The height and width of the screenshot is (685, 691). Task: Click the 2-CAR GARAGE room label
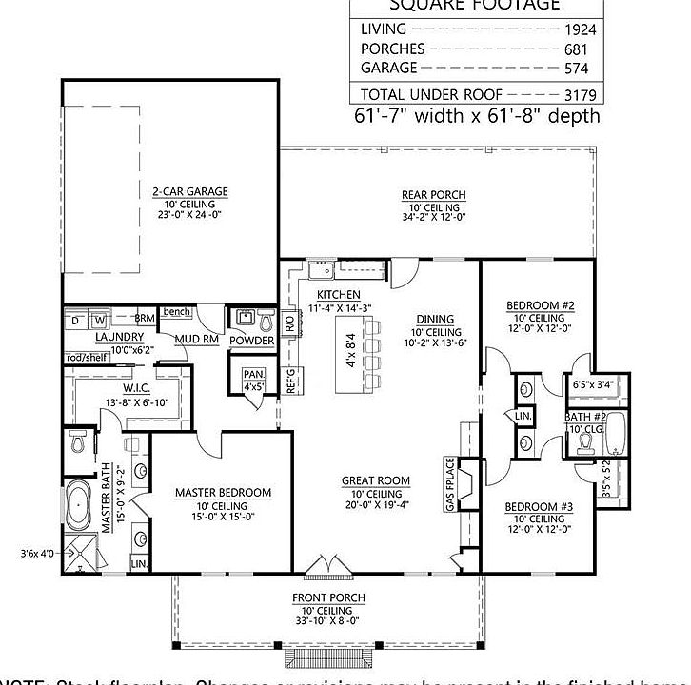tap(190, 191)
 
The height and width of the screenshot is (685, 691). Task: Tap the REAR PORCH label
tap(434, 195)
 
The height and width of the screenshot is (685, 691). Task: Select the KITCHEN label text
tap(338, 294)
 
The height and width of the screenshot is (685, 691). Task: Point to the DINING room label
tap(435, 319)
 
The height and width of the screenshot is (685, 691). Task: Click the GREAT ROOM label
tap(375, 481)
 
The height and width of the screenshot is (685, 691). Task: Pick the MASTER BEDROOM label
tap(223, 493)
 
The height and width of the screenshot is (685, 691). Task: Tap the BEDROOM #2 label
tap(540, 305)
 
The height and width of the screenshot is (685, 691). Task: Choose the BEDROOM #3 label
tap(539, 505)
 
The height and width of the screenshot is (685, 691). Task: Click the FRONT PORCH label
tap(328, 597)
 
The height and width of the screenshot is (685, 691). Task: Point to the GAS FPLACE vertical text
tap(450, 484)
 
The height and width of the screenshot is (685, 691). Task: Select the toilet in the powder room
tap(266, 320)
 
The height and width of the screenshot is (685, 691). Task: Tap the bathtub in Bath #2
tap(618, 433)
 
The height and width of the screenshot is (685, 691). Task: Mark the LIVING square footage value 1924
tap(579, 29)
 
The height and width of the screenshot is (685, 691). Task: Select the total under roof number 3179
tap(579, 94)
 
